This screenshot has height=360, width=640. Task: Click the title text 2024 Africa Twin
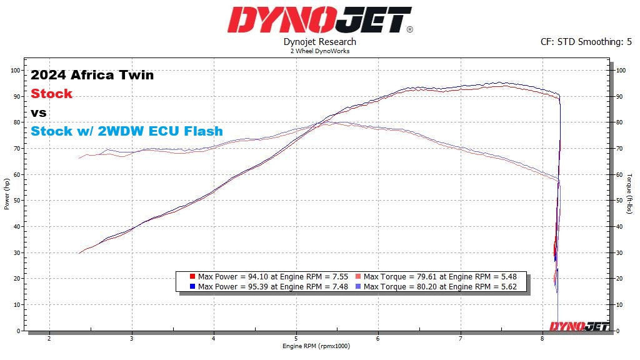(92, 76)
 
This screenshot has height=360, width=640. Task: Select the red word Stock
(52, 94)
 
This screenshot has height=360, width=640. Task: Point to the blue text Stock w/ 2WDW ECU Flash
(127, 131)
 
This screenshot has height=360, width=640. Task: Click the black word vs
(39, 113)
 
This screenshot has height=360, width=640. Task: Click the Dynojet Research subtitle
(319, 42)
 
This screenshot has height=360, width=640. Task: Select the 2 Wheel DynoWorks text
(319, 51)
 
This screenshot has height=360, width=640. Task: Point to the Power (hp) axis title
(7, 194)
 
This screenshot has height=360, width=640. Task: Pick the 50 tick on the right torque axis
(620, 201)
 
